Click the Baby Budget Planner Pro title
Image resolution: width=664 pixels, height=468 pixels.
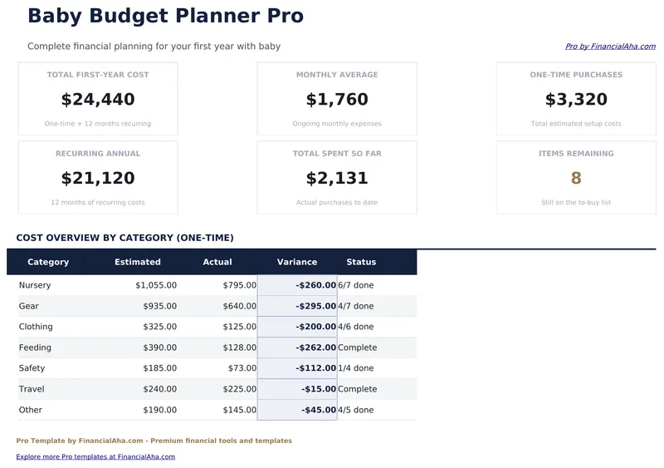[165, 16]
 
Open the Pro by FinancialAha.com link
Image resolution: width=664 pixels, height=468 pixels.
[610, 47]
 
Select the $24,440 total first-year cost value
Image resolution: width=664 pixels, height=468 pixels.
[98, 100]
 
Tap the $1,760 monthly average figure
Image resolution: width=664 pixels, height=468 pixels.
[337, 100]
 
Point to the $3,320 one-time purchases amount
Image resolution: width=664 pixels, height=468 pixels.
[576, 100]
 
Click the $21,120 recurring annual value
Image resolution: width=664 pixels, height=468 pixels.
[98, 179]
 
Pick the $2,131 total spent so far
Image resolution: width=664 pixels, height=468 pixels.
[337, 179]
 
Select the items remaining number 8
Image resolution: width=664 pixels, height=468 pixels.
[576, 179]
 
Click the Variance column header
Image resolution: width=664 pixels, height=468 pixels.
[297, 262]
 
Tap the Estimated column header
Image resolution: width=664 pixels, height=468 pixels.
[138, 262]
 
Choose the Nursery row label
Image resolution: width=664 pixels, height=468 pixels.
[35, 285]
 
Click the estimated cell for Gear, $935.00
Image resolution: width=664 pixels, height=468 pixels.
[159, 306]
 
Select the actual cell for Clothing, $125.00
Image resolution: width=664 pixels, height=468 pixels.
[239, 327]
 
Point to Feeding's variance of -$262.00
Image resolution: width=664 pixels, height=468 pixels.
[315, 347]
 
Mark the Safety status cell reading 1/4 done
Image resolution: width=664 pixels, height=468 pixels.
[356, 368]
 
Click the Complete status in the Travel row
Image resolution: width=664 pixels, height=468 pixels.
[358, 389]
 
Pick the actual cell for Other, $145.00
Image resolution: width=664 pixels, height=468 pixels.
[239, 410]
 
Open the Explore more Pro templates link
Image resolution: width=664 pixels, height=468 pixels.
[95, 456]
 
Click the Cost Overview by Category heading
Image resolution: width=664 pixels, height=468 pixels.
[125, 238]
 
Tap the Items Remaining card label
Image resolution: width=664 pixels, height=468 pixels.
[576, 154]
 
